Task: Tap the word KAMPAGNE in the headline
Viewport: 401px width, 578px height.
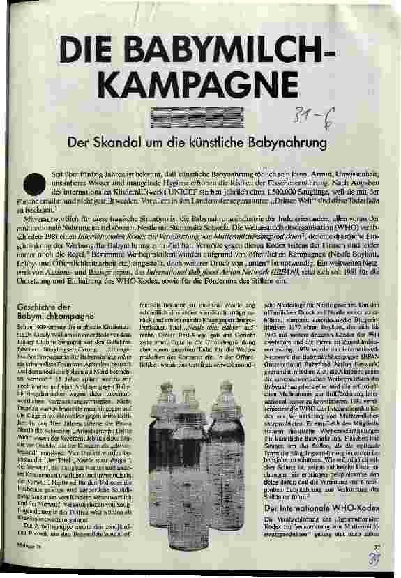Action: pyautogui.click(x=199, y=82)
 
